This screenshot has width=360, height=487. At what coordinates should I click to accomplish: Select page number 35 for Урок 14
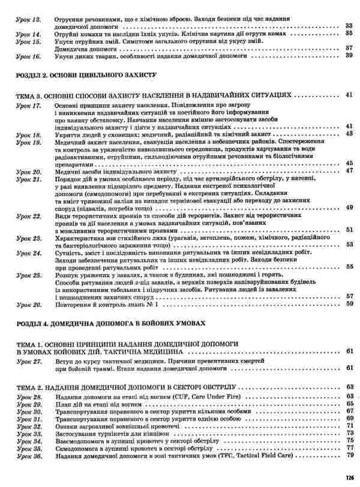[x=349, y=34]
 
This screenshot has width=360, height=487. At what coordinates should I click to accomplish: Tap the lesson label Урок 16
[x=28, y=55]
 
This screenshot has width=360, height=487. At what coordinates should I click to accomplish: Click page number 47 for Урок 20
[x=349, y=171]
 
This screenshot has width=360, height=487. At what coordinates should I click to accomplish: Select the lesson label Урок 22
[x=28, y=215]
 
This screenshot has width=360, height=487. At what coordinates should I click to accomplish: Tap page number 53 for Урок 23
[x=349, y=245]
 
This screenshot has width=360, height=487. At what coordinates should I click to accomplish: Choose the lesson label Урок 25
[x=28, y=274]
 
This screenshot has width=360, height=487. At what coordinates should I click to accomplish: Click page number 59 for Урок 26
[x=349, y=304]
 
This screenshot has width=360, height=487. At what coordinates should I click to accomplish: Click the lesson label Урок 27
[x=28, y=363]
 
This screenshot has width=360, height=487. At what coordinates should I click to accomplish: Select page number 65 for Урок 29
[x=349, y=405]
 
